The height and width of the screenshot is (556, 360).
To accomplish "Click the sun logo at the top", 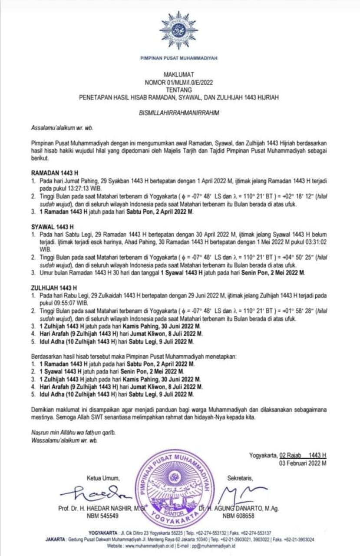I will (x=179, y=30).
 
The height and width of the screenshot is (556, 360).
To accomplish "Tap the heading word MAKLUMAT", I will (x=179, y=75).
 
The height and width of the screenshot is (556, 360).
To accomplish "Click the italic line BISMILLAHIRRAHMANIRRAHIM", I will (x=179, y=113).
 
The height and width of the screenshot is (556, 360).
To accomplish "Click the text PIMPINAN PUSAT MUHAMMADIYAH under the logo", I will (x=179, y=58).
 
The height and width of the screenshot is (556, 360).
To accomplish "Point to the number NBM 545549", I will (x=102, y=516).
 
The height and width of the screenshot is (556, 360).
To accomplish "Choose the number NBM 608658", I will (x=238, y=516).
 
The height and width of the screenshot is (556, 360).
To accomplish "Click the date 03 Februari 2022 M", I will (x=303, y=463).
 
